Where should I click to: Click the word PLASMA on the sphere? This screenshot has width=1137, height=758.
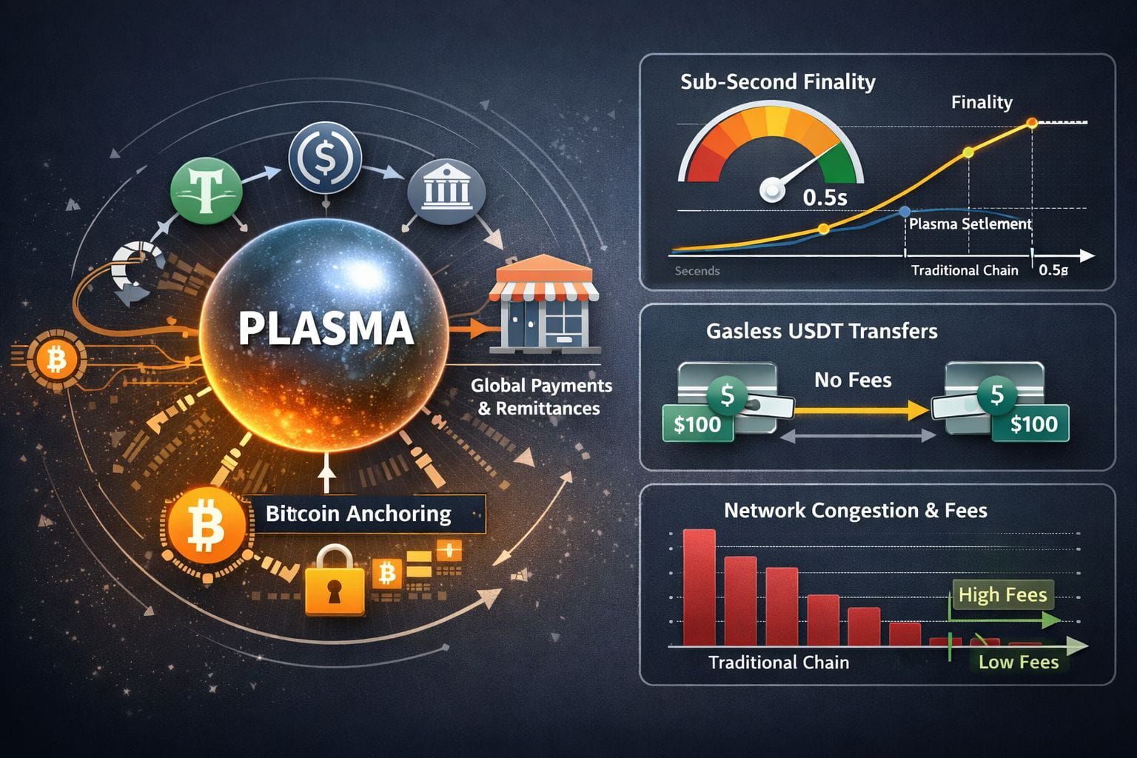326,328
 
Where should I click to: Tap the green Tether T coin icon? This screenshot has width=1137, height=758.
206,189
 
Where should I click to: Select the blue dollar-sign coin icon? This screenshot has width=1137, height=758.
325,158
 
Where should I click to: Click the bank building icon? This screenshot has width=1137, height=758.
446,189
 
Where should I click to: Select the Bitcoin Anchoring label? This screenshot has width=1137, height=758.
358,514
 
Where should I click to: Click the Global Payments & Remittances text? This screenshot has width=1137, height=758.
541,397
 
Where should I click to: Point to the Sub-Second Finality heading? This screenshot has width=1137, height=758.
777,81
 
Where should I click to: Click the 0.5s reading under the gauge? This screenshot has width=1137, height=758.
825,197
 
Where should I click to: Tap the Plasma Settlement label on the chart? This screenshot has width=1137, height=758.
970,224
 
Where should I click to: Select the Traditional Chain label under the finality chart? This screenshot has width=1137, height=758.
965,270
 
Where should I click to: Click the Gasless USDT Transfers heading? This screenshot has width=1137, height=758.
822,331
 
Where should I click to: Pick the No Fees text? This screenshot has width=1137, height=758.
853,380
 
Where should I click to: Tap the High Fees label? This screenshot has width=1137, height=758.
1002,594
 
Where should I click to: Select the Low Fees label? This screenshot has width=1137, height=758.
1019,662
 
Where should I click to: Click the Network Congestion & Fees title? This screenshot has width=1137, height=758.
855,510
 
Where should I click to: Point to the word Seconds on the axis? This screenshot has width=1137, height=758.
697,271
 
